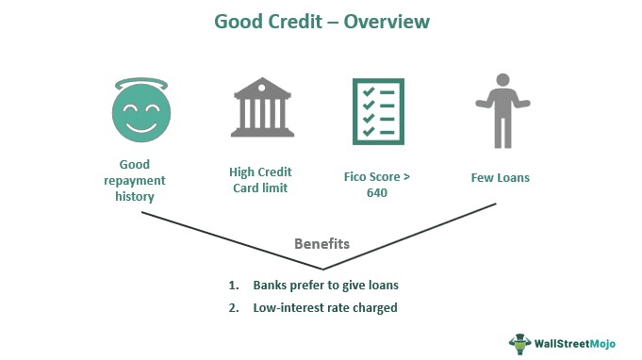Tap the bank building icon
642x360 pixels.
(x=259, y=109)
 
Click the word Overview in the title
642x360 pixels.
(x=379, y=21)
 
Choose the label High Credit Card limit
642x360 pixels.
(x=259, y=179)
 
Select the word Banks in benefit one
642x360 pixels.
(x=272, y=285)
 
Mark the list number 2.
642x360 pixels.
(x=232, y=306)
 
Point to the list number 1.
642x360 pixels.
(x=232, y=285)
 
